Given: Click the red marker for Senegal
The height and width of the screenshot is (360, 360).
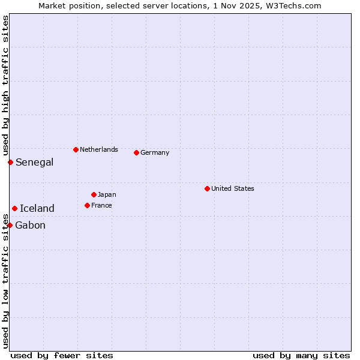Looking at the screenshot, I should pyautogui.click(x=10, y=162).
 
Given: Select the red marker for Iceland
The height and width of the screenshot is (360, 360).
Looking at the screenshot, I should pyautogui.click(x=14, y=208).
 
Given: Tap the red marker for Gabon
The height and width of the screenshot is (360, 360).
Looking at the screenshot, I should pyautogui.click(x=10, y=225).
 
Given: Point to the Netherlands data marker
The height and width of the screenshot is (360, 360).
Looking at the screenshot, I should pyautogui.click(x=76, y=149).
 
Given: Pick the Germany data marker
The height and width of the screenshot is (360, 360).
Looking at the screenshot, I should pyautogui.click(x=136, y=152).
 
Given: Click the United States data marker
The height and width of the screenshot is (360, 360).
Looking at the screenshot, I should pyautogui.click(x=207, y=188).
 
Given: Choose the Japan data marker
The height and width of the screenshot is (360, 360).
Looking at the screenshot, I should pyautogui.click(x=94, y=194).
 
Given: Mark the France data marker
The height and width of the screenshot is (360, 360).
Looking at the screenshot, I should pyautogui.click(x=87, y=205).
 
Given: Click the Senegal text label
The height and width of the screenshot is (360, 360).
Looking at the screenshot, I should pyautogui.click(x=34, y=162).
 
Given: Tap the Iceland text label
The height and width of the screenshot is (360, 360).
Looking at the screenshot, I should pyautogui.click(x=37, y=208).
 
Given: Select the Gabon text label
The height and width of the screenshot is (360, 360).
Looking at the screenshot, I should pyautogui.click(x=30, y=225).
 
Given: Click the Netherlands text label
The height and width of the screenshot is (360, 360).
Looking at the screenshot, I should pyautogui.click(x=99, y=149).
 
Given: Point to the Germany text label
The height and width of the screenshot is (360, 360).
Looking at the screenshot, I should pyautogui.click(x=155, y=152).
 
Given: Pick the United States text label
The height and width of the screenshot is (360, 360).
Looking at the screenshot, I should pyautogui.click(x=233, y=188).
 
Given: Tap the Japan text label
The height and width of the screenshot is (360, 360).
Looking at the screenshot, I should pyautogui.click(x=107, y=194).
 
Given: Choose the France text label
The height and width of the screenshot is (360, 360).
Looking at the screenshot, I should pyautogui.click(x=101, y=205).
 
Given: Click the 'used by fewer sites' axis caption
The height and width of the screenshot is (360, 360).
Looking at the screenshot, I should pyautogui.click(x=62, y=355).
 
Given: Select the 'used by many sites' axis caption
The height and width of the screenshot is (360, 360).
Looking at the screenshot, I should pyautogui.click(x=301, y=355).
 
